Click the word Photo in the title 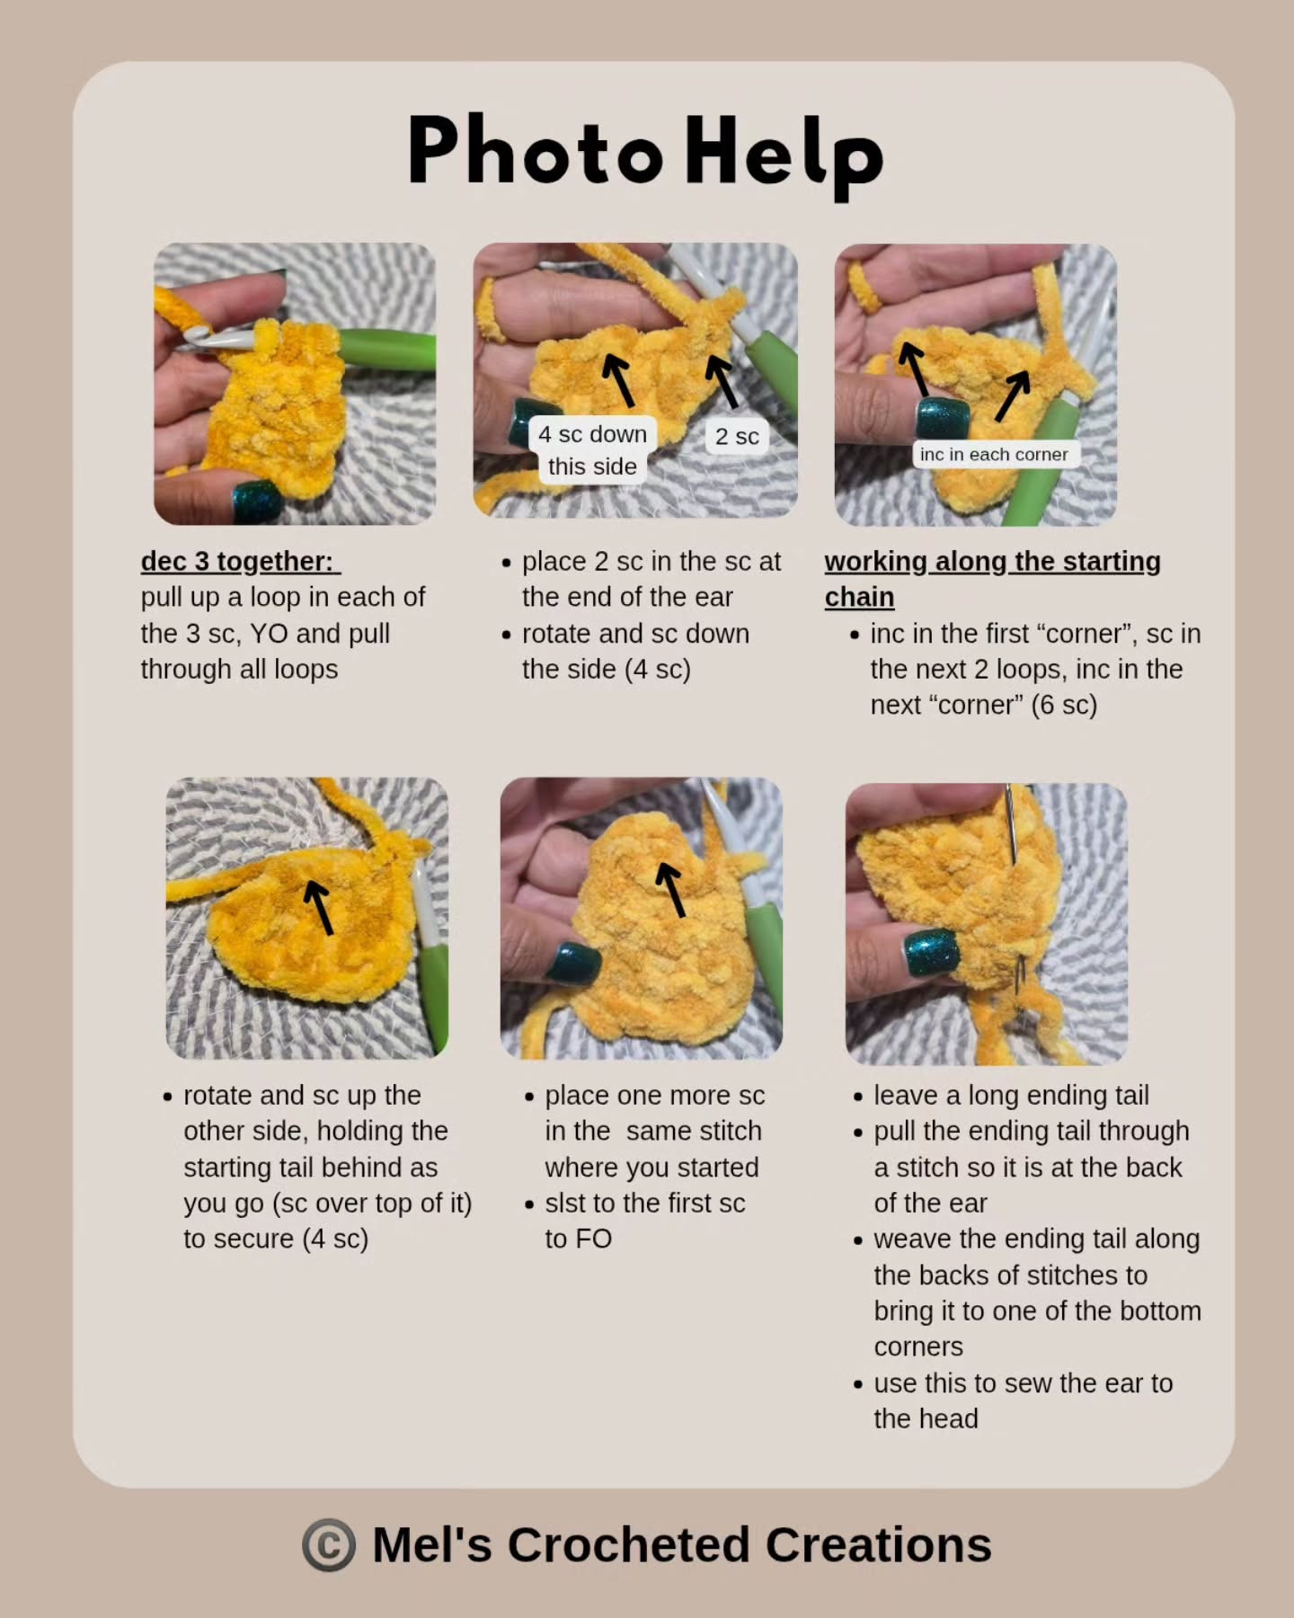click(536, 151)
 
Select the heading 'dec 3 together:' click(240, 562)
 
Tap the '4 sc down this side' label click(592, 449)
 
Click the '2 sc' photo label click(737, 437)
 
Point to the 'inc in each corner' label click(994, 455)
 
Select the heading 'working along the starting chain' click(992, 578)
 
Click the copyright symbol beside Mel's click(329, 1545)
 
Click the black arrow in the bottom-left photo click(318, 907)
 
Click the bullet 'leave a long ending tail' click(1011, 1096)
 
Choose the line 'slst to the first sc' click(644, 1204)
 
